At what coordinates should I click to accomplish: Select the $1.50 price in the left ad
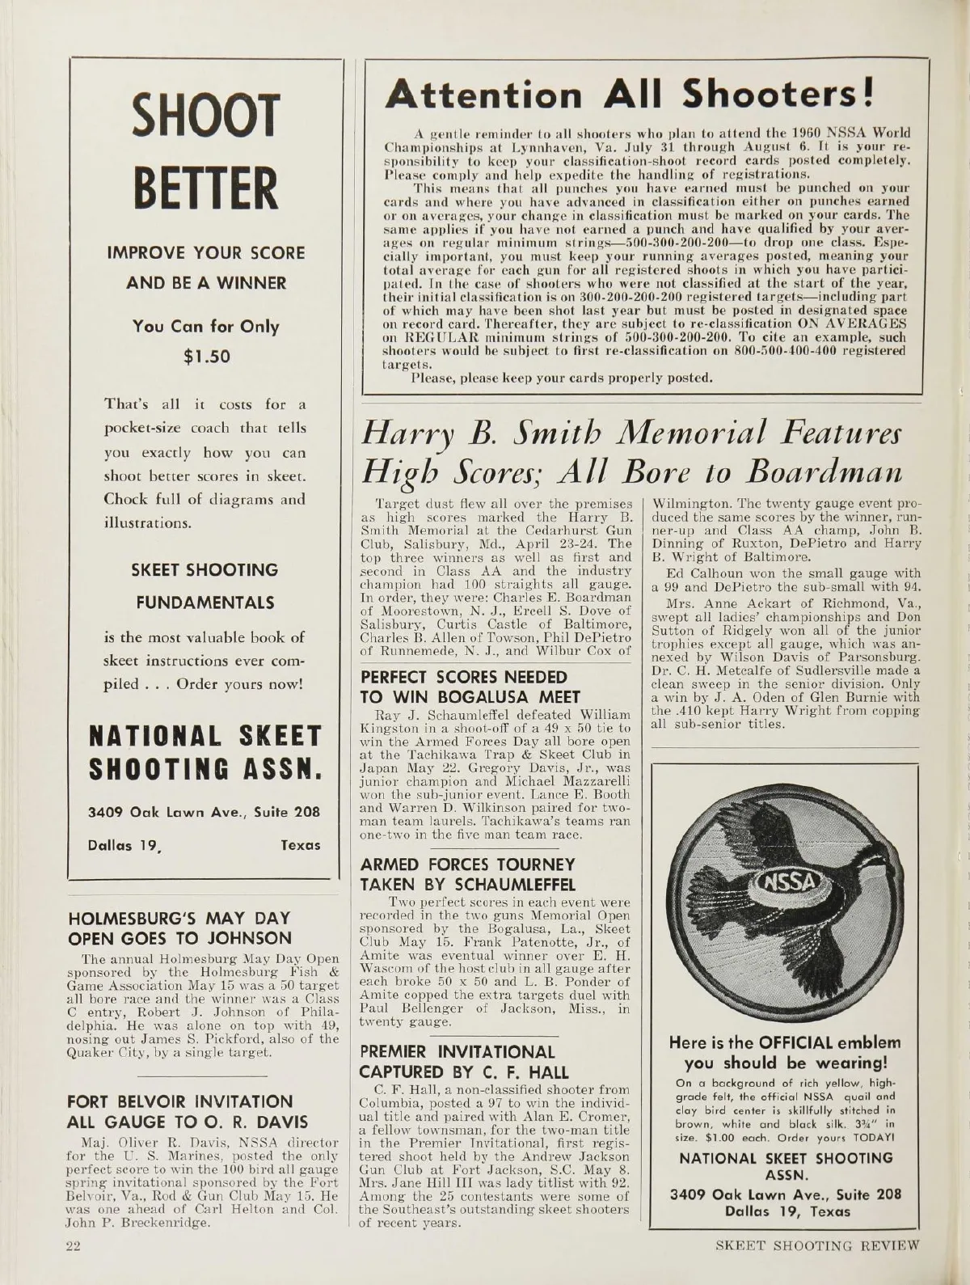205,356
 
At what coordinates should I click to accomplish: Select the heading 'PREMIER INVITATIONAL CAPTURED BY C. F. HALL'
464,1062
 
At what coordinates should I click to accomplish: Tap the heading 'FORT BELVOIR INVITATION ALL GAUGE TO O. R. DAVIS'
187,1112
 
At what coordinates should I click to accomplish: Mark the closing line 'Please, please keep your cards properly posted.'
563,377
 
